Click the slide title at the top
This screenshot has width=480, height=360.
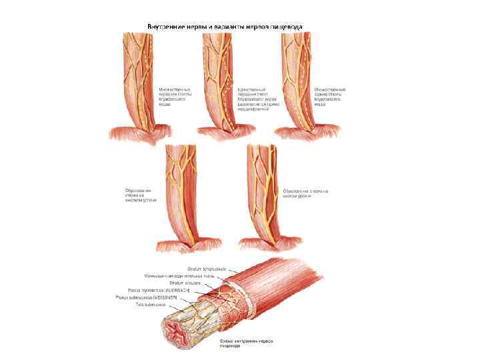tap(225, 27)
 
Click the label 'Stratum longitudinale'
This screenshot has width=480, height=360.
tap(189, 268)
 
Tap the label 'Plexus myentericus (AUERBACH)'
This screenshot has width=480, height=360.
tap(159, 291)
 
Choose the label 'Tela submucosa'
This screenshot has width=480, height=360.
tap(149, 306)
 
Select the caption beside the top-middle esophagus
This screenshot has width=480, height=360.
tap(253, 99)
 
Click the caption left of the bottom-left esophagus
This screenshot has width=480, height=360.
tap(140, 195)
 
